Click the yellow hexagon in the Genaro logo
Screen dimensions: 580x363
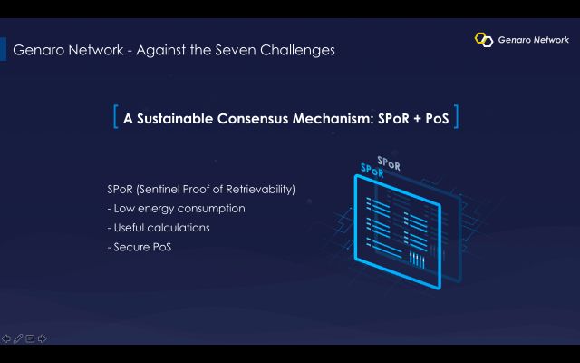click(479, 38)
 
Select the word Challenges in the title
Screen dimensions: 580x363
click(297, 51)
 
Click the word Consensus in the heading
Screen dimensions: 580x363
click(253, 119)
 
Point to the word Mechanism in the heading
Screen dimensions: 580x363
click(332, 119)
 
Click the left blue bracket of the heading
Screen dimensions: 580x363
click(115, 117)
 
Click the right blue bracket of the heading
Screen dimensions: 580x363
click(456, 117)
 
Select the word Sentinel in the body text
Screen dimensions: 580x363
click(159, 190)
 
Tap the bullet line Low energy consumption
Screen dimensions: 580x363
click(176, 209)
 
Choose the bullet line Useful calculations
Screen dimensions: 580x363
click(159, 228)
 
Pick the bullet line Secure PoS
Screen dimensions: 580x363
click(139, 247)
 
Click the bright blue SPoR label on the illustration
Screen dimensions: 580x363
click(372, 171)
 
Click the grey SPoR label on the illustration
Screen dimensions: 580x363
click(389, 163)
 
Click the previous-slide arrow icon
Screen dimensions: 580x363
click(6, 338)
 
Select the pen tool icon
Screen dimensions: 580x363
click(18, 338)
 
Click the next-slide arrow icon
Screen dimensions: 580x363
click(43, 338)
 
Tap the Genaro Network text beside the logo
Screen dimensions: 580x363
click(534, 40)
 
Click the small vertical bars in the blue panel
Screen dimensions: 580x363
click(417, 260)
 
